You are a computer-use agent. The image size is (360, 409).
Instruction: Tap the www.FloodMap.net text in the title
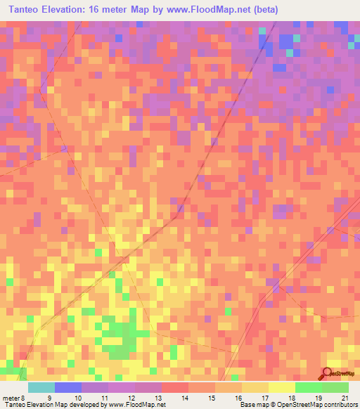tap(212, 10)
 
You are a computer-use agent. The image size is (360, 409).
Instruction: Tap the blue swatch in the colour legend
tap(67, 387)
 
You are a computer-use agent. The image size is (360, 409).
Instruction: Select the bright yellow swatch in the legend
tap(281, 387)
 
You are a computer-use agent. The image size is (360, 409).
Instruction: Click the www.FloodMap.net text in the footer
tap(134, 404)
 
